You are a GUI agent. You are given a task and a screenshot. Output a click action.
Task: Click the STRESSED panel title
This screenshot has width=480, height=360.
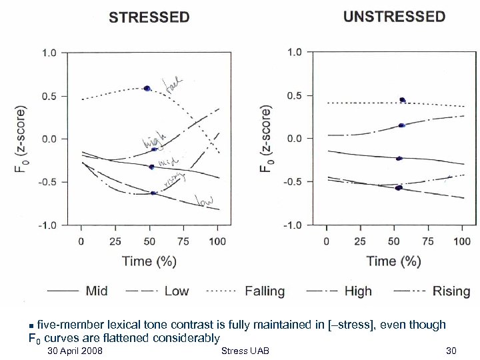(149, 18)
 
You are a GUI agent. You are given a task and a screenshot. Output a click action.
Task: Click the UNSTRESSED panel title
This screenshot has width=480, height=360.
(394, 17)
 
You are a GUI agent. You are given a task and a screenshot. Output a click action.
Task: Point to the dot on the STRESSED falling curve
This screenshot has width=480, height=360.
(147, 88)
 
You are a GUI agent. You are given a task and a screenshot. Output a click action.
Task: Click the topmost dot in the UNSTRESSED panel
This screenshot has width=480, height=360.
(402, 100)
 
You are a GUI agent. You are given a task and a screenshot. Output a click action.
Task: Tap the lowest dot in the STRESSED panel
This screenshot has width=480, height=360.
(153, 193)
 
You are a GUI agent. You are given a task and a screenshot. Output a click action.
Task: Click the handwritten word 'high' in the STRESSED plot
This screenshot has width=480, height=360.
(153, 140)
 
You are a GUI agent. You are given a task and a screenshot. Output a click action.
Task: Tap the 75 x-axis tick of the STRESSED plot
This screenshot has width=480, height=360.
(183, 241)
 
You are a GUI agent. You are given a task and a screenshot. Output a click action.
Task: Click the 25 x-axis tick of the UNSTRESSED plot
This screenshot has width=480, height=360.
(360, 241)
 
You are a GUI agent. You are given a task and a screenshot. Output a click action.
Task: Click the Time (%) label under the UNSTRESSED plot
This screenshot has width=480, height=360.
(393, 261)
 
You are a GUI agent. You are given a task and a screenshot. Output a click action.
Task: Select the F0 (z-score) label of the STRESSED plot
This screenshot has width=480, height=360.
(21, 139)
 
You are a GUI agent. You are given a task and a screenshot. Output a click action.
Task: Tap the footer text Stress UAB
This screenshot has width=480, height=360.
(245, 351)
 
